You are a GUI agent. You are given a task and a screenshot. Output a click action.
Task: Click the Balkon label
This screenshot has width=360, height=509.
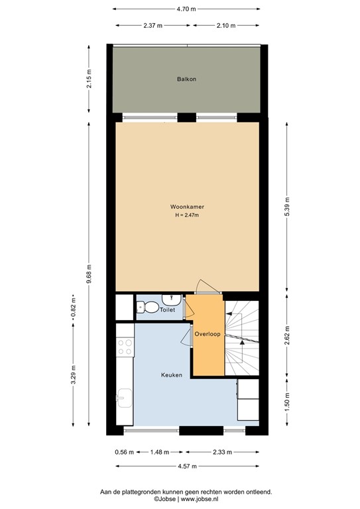point(186,79)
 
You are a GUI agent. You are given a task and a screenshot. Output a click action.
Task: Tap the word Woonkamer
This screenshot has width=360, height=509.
point(186,206)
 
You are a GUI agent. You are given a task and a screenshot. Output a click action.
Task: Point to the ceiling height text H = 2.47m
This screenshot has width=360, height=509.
point(186,215)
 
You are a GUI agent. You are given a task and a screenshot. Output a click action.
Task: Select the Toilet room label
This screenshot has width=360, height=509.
point(167,310)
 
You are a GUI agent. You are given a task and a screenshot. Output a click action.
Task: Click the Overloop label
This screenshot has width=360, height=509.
point(208,334)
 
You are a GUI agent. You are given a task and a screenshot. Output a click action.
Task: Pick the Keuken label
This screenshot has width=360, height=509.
point(172,375)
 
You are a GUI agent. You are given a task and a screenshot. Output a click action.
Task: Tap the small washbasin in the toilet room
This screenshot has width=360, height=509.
point(171,299)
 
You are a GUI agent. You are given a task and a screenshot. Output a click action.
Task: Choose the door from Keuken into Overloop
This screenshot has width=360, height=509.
point(186,337)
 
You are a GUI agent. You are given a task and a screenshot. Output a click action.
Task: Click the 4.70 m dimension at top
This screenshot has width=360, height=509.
point(186,9)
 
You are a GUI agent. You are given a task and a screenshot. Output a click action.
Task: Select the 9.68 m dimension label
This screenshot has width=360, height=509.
point(90,272)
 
